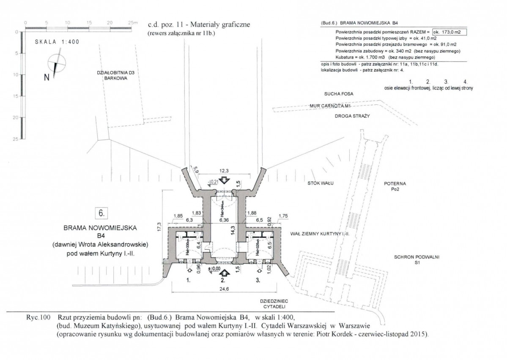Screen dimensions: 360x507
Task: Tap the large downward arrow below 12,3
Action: click(225, 180)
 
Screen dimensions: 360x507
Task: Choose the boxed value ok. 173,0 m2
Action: click(449, 32)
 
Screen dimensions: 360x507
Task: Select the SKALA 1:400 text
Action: click(57, 42)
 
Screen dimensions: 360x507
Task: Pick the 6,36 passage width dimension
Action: click(224, 220)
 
